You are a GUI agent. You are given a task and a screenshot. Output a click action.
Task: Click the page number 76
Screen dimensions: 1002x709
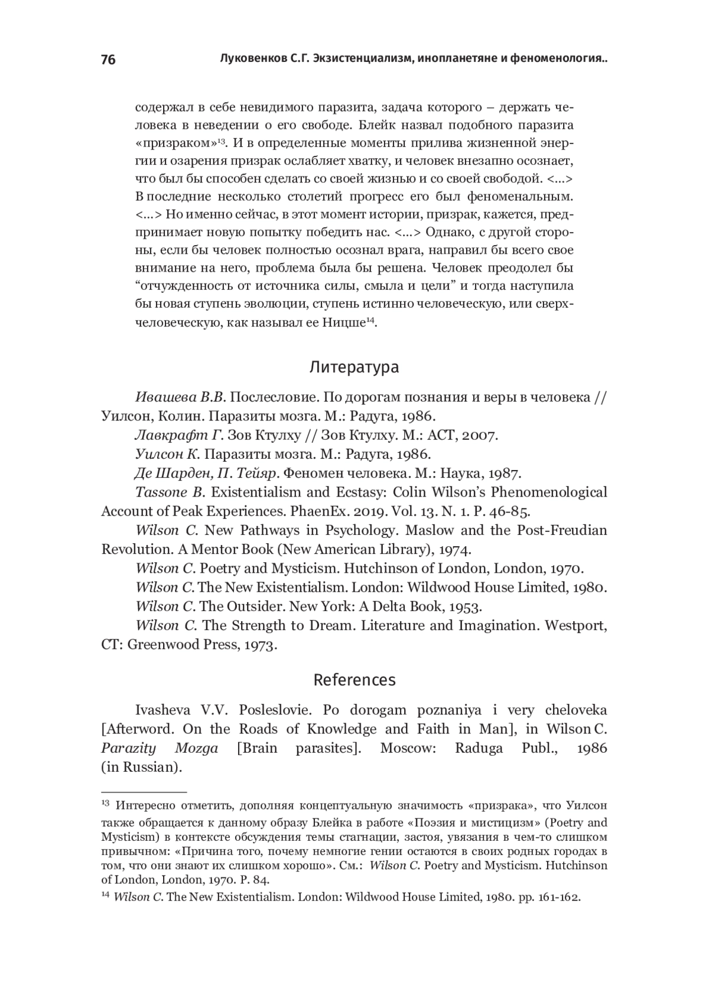108,60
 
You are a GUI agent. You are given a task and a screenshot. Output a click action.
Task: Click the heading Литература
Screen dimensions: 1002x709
354,367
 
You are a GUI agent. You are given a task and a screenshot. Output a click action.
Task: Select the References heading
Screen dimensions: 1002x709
354,680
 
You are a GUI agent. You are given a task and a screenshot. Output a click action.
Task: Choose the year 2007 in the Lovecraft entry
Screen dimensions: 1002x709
479,436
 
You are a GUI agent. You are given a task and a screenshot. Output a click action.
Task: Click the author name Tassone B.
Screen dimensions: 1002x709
170,492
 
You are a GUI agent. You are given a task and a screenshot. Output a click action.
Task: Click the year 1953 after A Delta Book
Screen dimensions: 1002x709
466,606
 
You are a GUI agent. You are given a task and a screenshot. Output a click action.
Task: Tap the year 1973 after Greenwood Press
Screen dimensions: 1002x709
258,645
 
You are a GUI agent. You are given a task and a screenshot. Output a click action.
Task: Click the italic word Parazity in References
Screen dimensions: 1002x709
128,749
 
